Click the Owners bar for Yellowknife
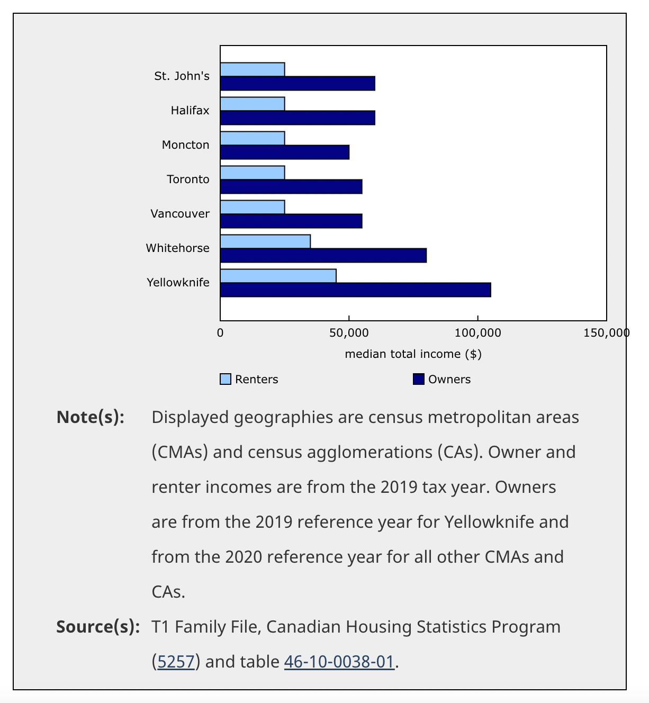coord(355,290)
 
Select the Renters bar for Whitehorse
coord(265,241)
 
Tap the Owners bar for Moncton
coord(285,152)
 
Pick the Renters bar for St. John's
coord(253,69)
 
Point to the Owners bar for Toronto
coord(291,187)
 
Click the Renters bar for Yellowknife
coord(278,276)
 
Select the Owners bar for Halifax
coord(298,118)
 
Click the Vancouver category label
coord(180,214)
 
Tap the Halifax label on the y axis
coord(190,111)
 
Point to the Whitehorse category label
coord(178,248)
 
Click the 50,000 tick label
coord(349,333)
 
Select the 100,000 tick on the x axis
coord(478,333)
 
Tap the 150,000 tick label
coord(606,333)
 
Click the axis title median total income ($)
coord(413,354)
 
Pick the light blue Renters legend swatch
coord(226,380)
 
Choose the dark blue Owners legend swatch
coord(419,380)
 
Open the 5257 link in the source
coord(176,662)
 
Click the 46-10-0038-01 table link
coord(339,662)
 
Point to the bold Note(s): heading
coord(91,417)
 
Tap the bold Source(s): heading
coord(98,627)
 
